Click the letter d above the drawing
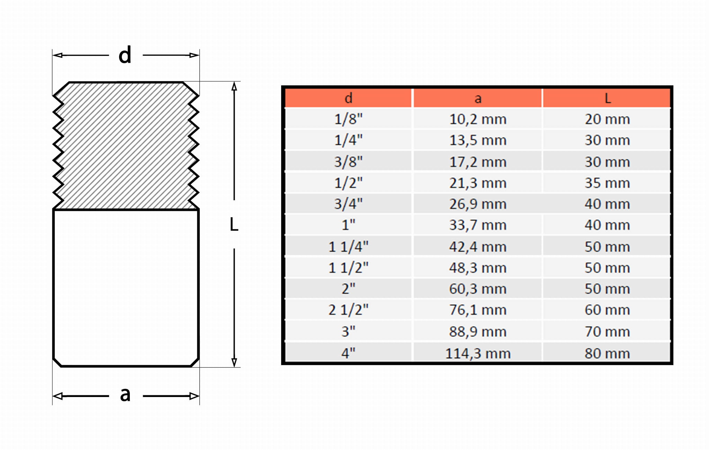tap(125, 55)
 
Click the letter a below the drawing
tap(125, 395)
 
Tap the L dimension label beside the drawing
tap(234, 224)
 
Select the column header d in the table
tap(349, 98)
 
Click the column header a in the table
tap(478, 99)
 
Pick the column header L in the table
tap(608, 98)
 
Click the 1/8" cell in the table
tap(348, 119)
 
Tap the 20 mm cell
tap(607, 119)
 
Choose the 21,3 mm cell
tap(478, 183)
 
